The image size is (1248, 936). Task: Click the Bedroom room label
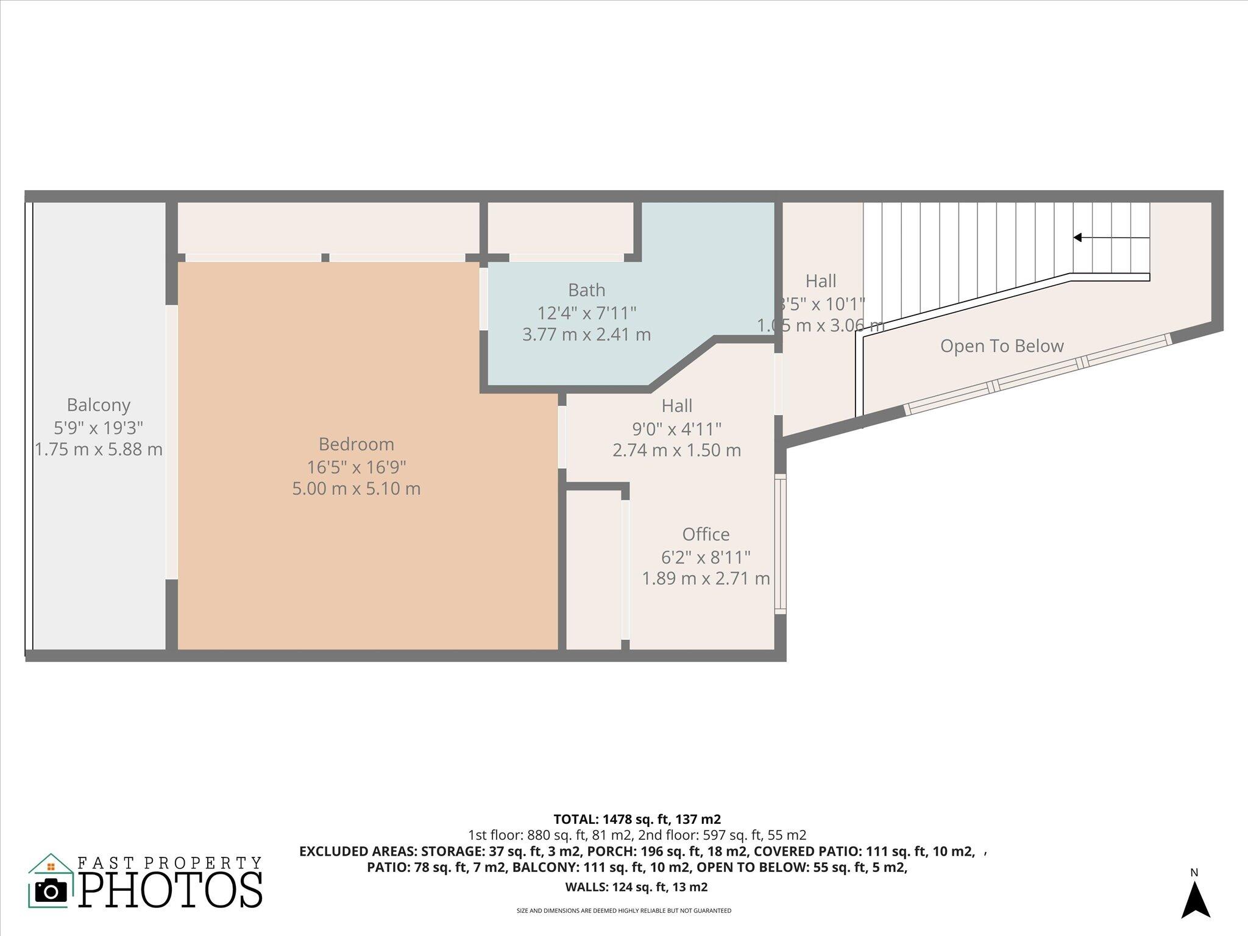(x=356, y=444)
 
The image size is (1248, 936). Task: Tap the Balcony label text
(x=99, y=405)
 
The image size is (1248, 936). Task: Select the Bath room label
(x=586, y=289)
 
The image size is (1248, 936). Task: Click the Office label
(x=706, y=534)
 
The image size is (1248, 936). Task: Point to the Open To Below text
(x=1001, y=346)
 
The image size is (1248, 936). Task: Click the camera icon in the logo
(x=51, y=891)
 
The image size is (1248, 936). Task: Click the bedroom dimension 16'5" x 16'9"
(x=356, y=467)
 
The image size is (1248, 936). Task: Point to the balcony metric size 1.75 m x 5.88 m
(x=99, y=450)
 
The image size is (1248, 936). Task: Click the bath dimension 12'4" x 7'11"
(x=586, y=313)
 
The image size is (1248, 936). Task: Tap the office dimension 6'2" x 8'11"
(x=706, y=557)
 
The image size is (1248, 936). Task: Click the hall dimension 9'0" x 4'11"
(x=676, y=429)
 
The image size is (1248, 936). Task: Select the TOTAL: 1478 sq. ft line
(x=637, y=819)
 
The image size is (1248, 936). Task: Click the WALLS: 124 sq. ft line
(x=637, y=887)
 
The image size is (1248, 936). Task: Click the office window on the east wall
(x=780, y=544)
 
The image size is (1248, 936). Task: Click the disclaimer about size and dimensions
(x=623, y=911)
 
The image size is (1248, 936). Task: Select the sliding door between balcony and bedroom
(x=172, y=442)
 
